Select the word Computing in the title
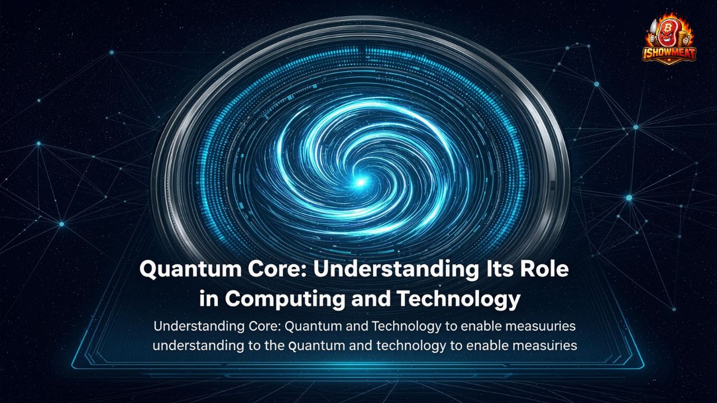[x=281, y=299]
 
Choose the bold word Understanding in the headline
[x=381, y=269]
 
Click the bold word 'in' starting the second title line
[x=209, y=299]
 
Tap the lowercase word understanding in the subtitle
[x=197, y=345]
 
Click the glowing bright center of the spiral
[x=360, y=181]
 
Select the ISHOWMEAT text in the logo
[x=669, y=53]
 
